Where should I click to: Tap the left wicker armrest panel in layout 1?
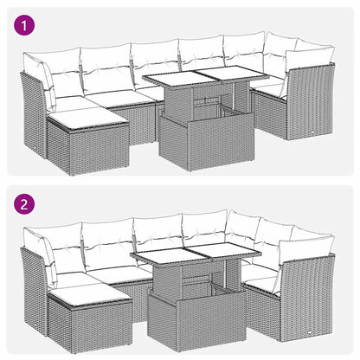[32, 112]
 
